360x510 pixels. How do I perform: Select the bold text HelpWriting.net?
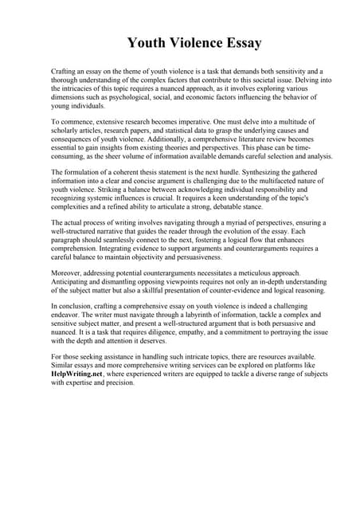pyautogui.click(x=76, y=375)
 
